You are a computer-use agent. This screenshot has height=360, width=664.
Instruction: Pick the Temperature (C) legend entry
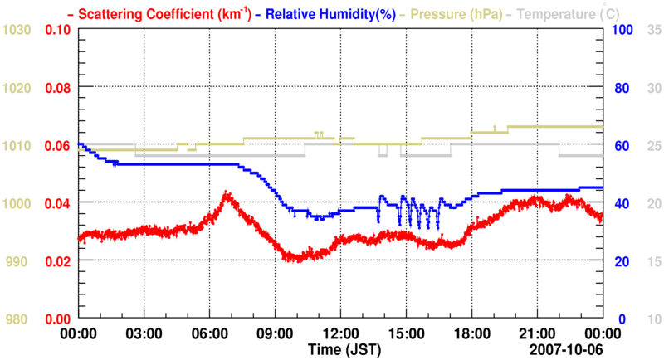562,14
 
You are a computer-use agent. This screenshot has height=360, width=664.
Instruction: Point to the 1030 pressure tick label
17,30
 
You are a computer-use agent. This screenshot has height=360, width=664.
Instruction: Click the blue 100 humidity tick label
622,30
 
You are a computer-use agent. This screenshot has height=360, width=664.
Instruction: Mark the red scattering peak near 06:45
225,195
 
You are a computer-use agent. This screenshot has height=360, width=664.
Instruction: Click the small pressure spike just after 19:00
496,126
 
